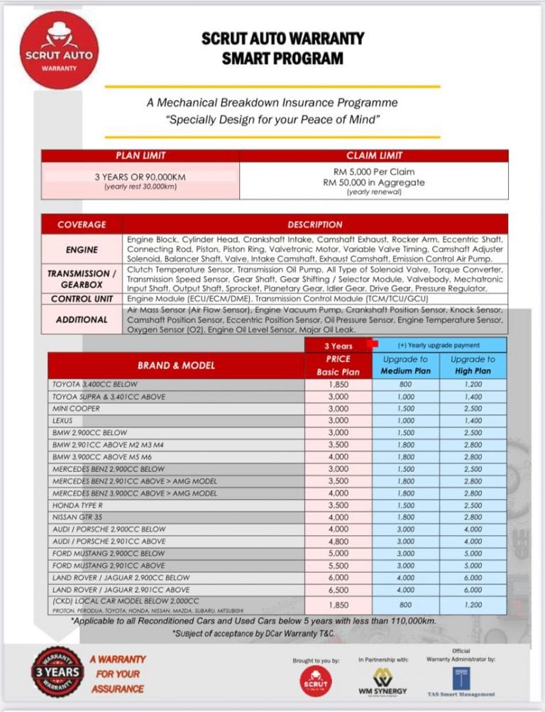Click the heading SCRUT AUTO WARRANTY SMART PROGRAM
coord(282,48)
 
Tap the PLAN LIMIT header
coord(141,155)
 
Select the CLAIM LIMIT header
coord(374,155)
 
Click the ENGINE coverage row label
coord(82,249)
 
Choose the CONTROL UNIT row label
coord(82,299)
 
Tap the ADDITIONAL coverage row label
coord(82,319)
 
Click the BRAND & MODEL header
coord(176,366)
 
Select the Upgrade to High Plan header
coord(473,365)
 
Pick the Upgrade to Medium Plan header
coord(405,365)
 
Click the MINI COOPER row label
coord(76,409)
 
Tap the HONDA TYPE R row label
coord(78,505)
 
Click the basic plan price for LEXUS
coord(338,421)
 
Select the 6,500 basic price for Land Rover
coord(338,589)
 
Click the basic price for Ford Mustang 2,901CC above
coord(338,565)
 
